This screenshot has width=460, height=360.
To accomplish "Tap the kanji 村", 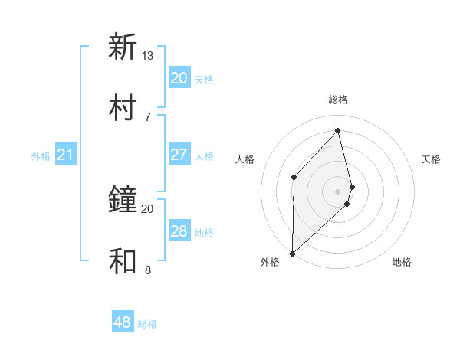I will [123, 108].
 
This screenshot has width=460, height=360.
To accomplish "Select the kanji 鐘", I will [123, 200].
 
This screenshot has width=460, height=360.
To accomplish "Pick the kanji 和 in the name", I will [123, 261].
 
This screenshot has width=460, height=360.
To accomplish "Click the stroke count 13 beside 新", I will [148, 56].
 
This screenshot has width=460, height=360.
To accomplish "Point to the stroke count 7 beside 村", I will [148, 116].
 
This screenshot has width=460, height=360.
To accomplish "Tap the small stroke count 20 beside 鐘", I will [148, 208].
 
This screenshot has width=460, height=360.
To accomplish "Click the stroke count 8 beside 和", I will [148, 270].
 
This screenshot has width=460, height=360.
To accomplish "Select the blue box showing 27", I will [179, 155].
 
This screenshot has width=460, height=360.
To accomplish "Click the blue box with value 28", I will [179, 231].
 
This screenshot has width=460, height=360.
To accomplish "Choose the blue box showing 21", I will [65, 155].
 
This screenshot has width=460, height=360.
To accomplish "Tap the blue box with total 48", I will [123, 322].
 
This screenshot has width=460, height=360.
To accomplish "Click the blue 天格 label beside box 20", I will [204, 79].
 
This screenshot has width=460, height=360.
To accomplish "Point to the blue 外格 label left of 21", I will [41, 156].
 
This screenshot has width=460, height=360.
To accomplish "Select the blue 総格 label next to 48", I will [147, 324].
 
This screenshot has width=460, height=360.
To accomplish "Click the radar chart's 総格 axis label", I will [338, 100].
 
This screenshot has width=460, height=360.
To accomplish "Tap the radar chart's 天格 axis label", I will [431, 159].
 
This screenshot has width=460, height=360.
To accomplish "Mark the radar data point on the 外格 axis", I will [292, 253].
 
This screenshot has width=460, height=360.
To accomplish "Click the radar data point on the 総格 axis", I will [338, 130].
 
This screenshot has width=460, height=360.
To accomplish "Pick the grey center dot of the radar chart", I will [338, 190].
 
